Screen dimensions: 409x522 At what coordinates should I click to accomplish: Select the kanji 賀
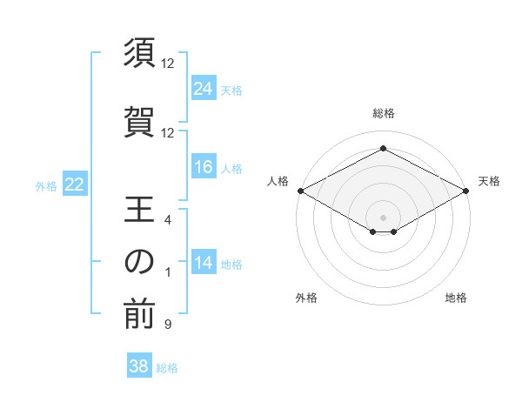tap(139, 120)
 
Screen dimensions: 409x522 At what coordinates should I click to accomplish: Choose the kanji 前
tap(139, 315)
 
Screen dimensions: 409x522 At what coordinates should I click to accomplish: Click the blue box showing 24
tap(203, 88)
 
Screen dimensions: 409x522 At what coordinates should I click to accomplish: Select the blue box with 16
tap(203, 167)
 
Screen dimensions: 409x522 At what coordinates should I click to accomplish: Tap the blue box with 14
tap(203, 264)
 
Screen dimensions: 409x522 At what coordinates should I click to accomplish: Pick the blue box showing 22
tap(74, 184)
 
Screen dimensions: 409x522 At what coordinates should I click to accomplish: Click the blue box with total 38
tap(138, 366)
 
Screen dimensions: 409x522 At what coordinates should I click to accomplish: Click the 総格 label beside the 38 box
tap(167, 368)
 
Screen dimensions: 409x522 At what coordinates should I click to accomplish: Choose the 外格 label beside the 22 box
tap(46, 185)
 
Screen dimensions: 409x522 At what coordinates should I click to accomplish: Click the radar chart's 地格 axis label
tap(456, 298)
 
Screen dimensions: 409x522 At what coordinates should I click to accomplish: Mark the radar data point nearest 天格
tap(466, 191)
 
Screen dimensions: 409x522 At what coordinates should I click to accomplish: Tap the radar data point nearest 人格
tap(299, 191)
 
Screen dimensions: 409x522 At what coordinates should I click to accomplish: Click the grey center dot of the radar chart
tap(383, 216)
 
